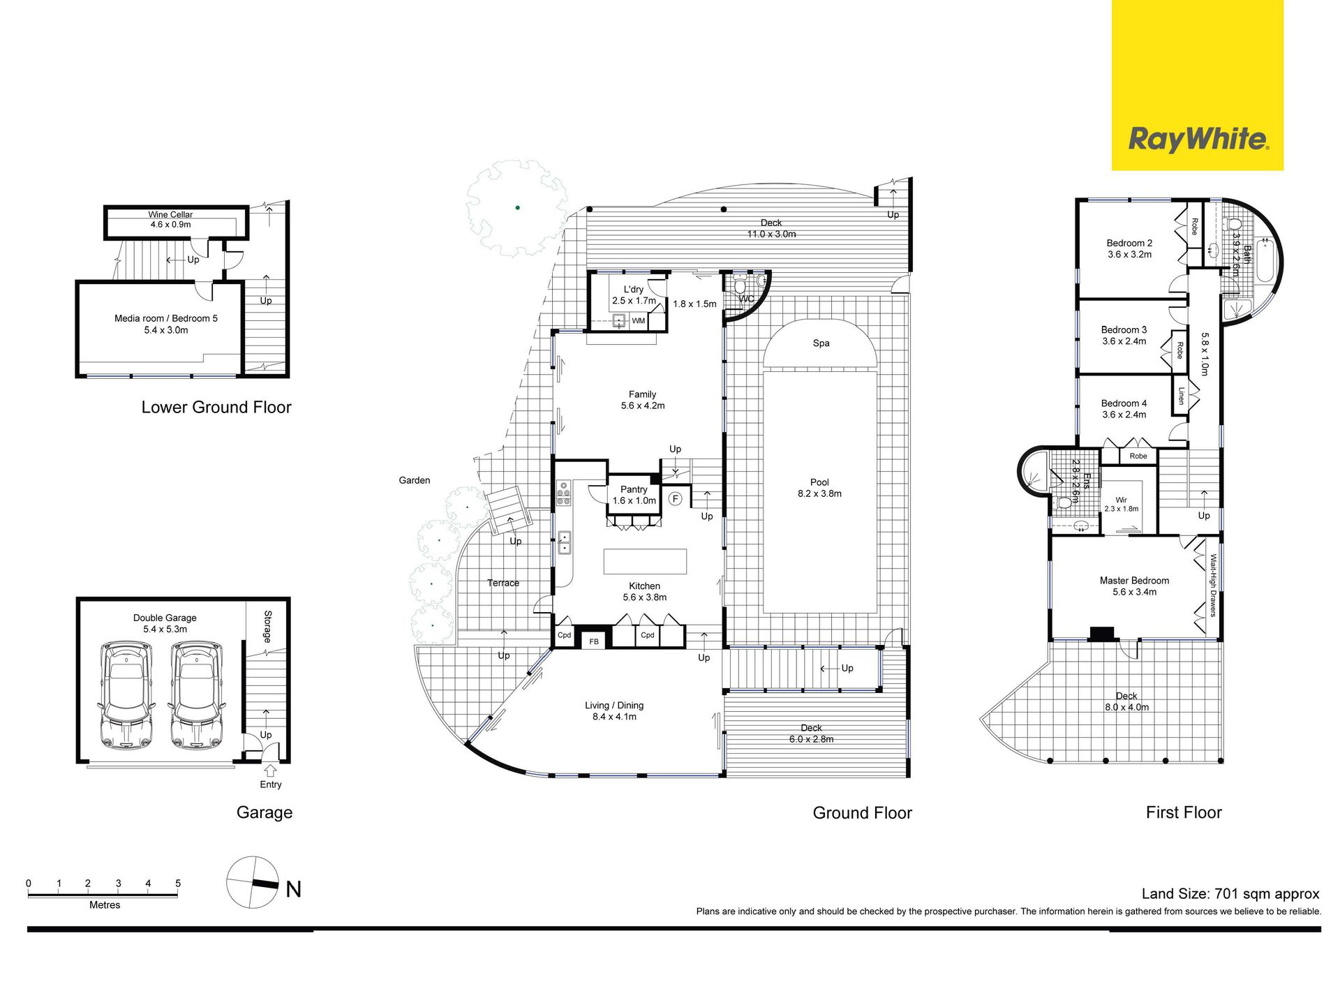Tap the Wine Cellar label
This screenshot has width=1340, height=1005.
170,215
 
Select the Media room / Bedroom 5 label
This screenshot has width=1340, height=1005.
166,318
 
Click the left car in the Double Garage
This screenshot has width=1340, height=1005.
126,695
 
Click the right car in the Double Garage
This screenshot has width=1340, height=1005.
197,695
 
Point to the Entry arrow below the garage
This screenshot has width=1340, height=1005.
270,770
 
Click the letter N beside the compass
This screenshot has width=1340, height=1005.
294,889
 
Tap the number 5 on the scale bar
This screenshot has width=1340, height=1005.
178,884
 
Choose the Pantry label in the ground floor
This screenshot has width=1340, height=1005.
634,489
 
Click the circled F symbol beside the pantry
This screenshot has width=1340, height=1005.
675,498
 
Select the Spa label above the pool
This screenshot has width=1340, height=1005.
821,343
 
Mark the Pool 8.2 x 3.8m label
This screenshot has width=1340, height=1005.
819,488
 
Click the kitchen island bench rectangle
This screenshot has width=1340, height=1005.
645,561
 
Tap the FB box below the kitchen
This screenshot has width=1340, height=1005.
594,641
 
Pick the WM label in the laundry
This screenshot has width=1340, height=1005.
639,321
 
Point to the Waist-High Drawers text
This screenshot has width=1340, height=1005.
1213,586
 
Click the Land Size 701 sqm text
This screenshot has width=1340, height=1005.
1230,893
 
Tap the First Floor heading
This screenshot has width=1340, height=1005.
1184,812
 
